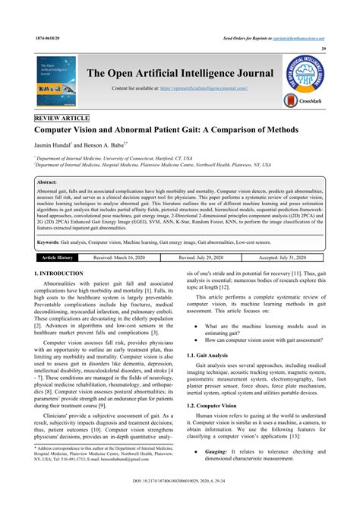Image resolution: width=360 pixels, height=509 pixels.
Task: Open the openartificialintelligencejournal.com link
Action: click(x=226, y=89)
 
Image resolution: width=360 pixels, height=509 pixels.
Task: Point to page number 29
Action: click(x=324, y=49)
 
